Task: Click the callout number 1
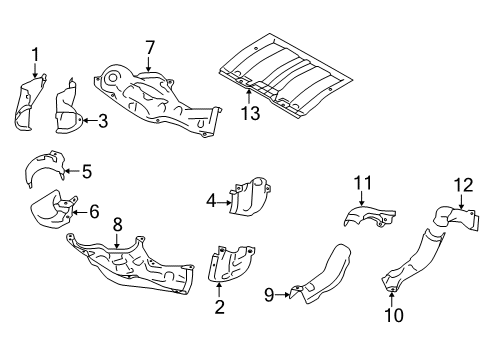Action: (x=35, y=54)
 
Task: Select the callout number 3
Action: (x=102, y=121)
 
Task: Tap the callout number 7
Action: (x=150, y=47)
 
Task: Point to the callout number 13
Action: (x=249, y=113)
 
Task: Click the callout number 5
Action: (x=86, y=171)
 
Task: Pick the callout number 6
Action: (x=94, y=211)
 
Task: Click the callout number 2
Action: (x=219, y=307)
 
